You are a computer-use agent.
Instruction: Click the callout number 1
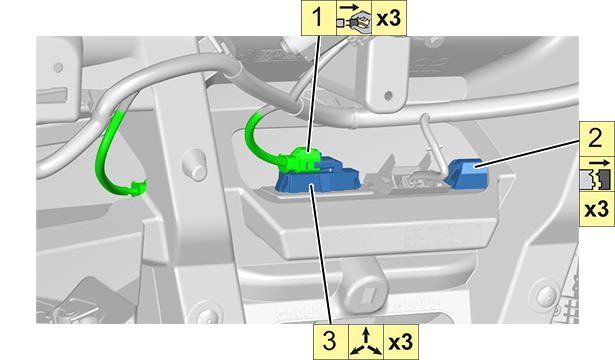(x=318, y=18)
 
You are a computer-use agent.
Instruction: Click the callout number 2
(x=596, y=138)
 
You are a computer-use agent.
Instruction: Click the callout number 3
(x=330, y=341)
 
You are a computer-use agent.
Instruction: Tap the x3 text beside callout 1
(x=389, y=18)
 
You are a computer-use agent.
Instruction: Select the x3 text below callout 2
(x=597, y=210)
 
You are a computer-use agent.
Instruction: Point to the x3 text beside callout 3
(x=400, y=342)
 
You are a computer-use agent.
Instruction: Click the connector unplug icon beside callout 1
(x=354, y=18)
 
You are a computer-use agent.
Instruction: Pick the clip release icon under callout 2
(x=596, y=175)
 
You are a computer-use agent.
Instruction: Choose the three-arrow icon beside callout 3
(x=366, y=342)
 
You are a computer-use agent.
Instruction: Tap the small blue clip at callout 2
(x=466, y=173)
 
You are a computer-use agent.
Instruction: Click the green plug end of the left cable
(x=137, y=188)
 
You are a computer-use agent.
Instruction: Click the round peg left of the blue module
(x=195, y=164)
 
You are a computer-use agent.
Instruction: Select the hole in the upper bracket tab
(x=388, y=95)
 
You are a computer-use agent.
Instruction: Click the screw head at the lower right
(x=546, y=294)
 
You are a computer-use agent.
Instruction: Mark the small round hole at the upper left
(x=58, y=67)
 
